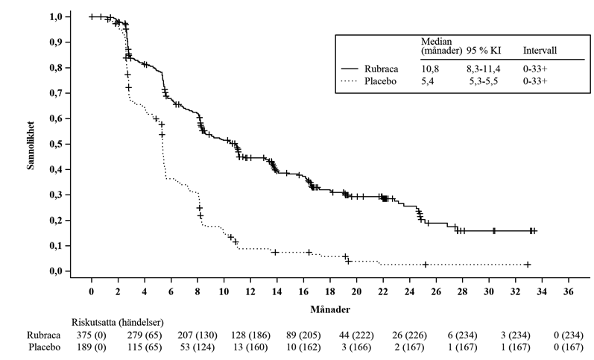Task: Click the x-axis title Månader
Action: (x=328, y=306)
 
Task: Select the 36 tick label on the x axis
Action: (x=568, y=290)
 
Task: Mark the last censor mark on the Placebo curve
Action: (x=528, y=265)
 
